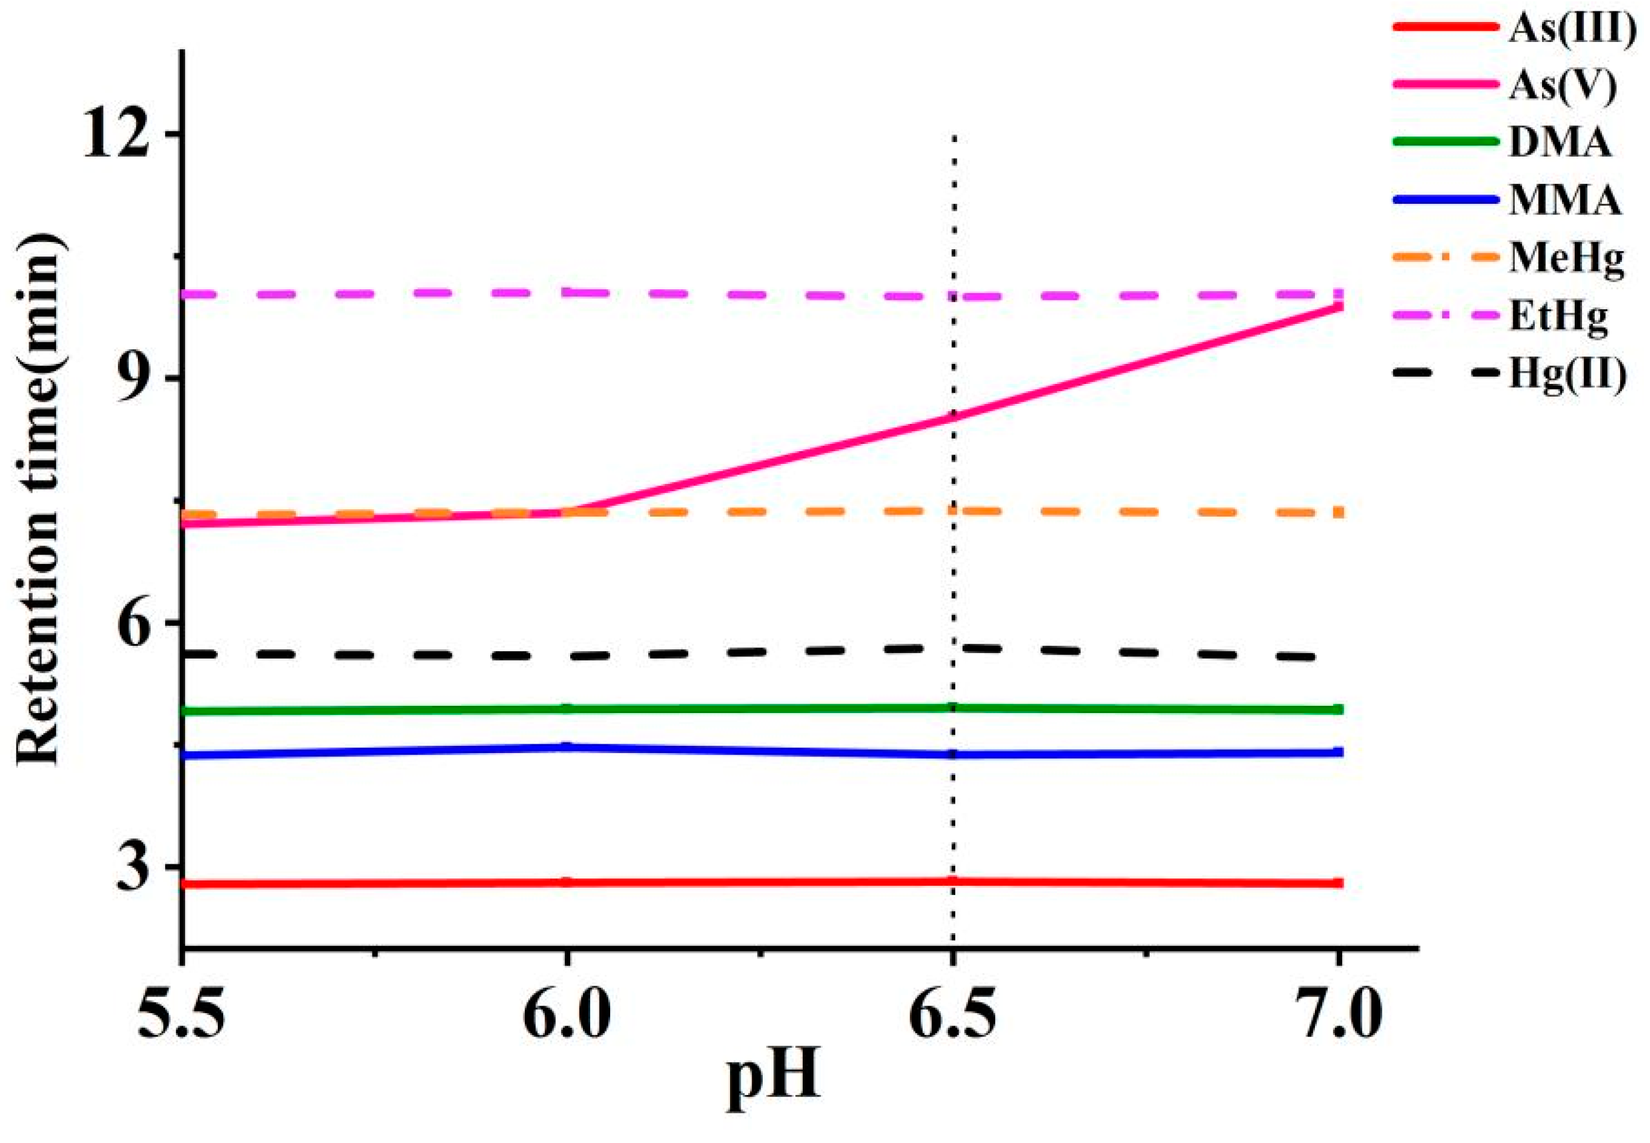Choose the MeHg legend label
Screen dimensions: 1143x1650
pos(1566,259)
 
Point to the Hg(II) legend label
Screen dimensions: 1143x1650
pos(1565,375)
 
